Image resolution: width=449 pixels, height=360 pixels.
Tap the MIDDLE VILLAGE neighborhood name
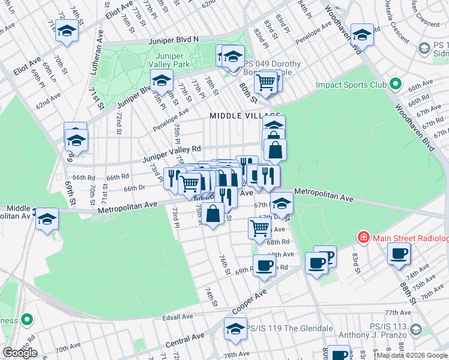[x=245, y=115]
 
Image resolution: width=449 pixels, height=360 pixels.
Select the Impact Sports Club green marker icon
[x=395, y=84]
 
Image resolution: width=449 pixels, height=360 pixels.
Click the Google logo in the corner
[x=20, y=352]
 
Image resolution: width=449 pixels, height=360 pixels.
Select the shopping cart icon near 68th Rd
[x=259, y=227]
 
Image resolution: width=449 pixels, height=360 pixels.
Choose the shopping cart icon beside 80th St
[x=265, y=82]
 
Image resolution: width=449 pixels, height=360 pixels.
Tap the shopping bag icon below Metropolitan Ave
[x=213, y=213]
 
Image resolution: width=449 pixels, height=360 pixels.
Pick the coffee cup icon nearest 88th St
[x=398, y=253]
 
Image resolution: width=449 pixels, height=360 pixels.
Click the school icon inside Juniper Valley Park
[x=161, y=80]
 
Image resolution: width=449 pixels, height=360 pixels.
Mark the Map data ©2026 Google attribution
[x=411, y=356]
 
